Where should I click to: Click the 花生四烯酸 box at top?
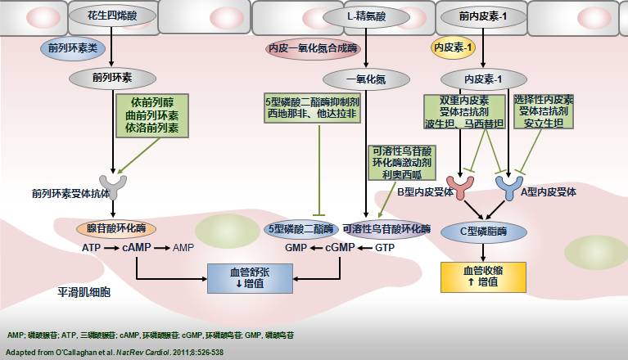tap(113, 16)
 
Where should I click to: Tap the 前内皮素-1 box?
tap(482, 16)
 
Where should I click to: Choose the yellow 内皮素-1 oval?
tap(454, 49)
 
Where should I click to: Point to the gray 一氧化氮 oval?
tap(366, 79)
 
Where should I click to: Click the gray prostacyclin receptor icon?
tap(111, 187)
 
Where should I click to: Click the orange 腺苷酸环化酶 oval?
tap(116, 228)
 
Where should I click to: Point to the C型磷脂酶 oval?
tap(484, 232)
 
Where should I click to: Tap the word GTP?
tap(385, 246)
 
